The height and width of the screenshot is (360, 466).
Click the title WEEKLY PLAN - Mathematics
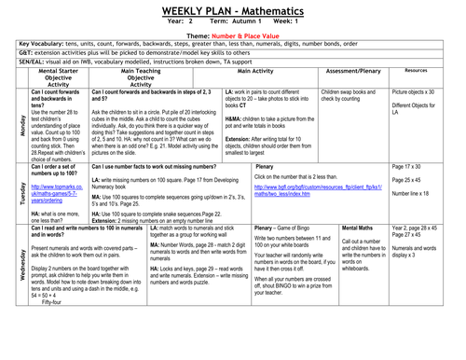(x=233, y=7)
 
